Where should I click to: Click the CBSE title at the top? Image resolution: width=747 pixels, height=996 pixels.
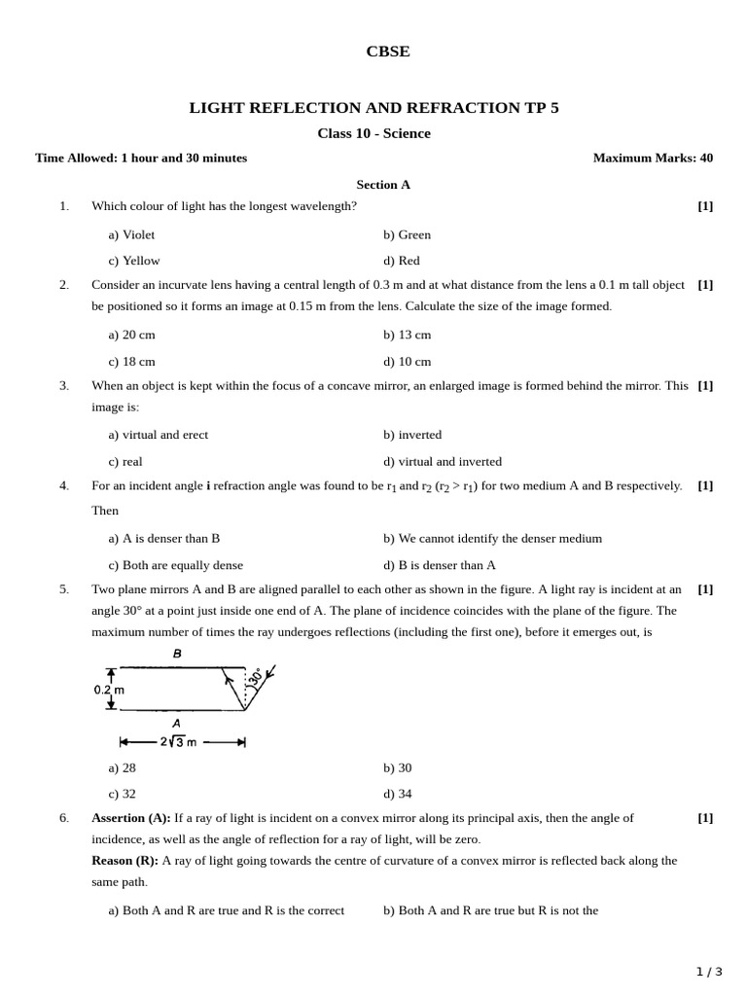click(x=387, y=53)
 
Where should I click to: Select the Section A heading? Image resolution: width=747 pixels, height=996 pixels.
click(x=383, y=184)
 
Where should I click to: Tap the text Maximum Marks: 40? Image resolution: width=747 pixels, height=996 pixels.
click(x=653, y=158)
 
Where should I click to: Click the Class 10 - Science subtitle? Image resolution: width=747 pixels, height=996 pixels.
click(x=373, y=133)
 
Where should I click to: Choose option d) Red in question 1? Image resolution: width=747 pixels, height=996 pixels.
click(x=401, y=261)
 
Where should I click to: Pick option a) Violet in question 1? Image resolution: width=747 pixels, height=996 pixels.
click(x=131, y=234)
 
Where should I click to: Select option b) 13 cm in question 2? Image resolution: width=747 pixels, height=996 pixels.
click(x=407, y=335)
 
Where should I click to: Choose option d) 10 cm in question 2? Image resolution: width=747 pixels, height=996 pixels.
click(x=407, y=362)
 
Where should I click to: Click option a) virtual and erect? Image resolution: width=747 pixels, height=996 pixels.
click(x=158, y=435)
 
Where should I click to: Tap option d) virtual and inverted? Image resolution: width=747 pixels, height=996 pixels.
click(x=443, y=462)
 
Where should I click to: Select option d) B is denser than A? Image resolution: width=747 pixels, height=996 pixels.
click(x=440, y=565)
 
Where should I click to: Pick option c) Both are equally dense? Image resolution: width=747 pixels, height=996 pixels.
click(x=175, y=565)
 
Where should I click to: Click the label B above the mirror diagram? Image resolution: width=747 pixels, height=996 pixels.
click(x=177, y=655)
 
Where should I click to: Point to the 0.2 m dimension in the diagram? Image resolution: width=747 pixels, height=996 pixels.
click(x=109, y=690)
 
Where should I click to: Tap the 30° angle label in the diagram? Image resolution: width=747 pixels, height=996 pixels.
click(x=256, y=677)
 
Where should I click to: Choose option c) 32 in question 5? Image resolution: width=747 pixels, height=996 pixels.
click(x=122, y=794)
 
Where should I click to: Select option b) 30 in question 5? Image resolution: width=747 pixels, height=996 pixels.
click(x=397, y=767)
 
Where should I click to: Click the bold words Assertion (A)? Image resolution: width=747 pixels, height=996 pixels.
click(x=130, y=818)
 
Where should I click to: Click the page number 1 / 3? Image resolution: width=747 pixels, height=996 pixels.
click(x=709, y=971)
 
